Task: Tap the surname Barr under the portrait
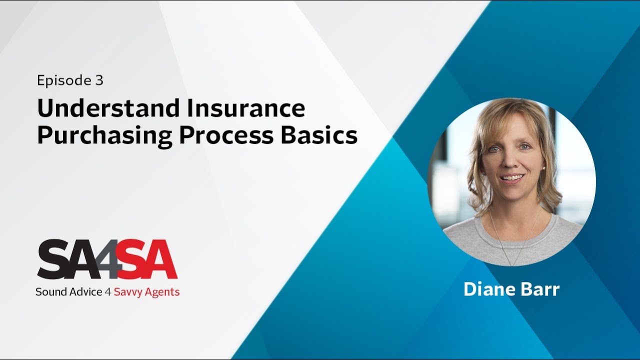[541, 289]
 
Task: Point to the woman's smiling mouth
[512, 178]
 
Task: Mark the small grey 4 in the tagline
[107, 292]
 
